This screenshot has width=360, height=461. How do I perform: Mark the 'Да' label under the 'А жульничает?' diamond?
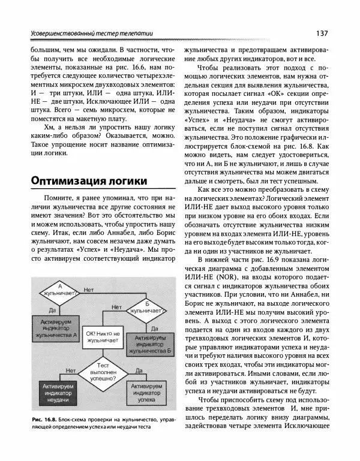pyautogui.click(x=52, y=310)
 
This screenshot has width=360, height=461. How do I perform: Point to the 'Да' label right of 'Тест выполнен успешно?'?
pyautogui.click(x=138, y=370)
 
